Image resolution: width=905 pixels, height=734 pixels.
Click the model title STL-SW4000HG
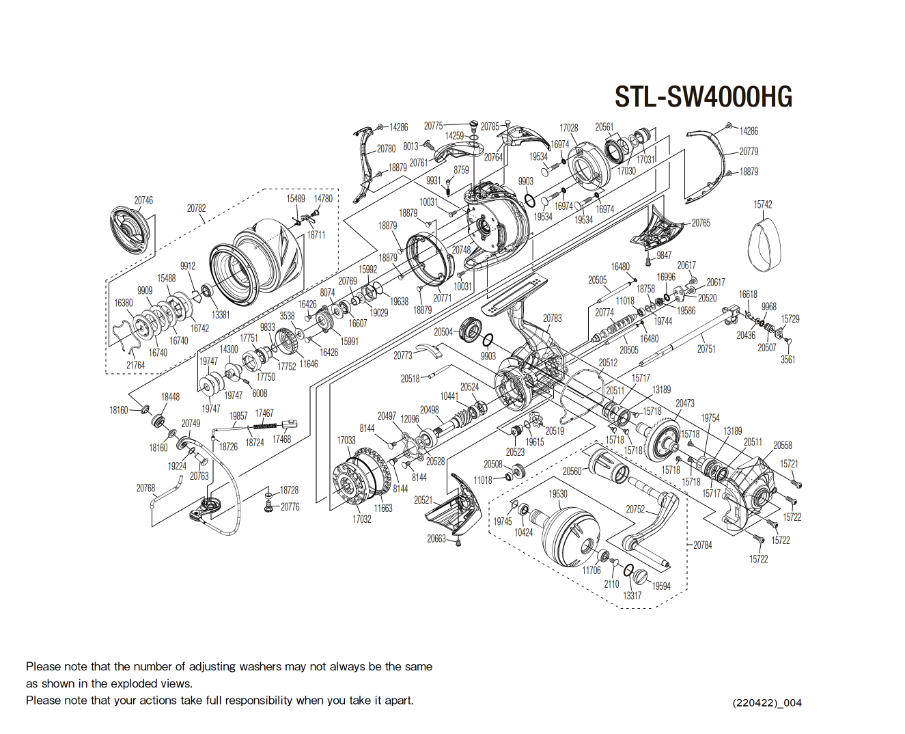703,97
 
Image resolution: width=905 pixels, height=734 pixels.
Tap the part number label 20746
143,200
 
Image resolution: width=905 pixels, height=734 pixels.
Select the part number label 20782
196,208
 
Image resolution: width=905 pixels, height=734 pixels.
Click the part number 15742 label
763,204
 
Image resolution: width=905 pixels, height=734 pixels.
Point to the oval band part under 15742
763,244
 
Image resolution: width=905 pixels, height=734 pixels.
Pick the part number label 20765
701,223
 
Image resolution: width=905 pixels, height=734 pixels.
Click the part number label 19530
558,493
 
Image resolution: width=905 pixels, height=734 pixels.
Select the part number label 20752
635,509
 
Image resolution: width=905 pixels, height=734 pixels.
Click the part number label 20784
703,545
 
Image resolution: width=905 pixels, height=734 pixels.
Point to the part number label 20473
685,403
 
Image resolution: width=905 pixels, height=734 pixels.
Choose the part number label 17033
346,440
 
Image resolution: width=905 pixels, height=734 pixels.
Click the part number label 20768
145,488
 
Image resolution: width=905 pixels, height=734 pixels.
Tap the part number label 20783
552,318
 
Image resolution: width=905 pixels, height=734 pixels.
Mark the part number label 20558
782,445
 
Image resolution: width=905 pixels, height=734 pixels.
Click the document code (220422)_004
767,703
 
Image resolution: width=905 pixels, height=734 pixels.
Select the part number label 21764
135,365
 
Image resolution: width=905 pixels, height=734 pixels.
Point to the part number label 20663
436,539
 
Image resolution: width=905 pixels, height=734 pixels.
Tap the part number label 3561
788,359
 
